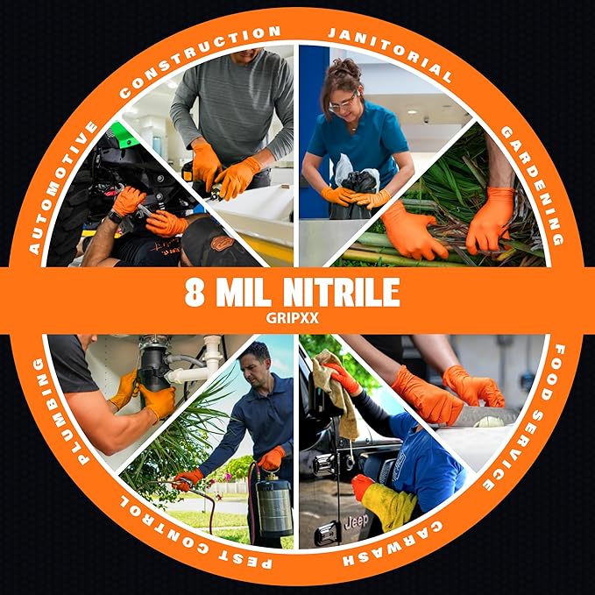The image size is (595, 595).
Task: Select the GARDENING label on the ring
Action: click(x=532, y=183)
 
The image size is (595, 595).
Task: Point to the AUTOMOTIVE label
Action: click(x=60, y=188)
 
